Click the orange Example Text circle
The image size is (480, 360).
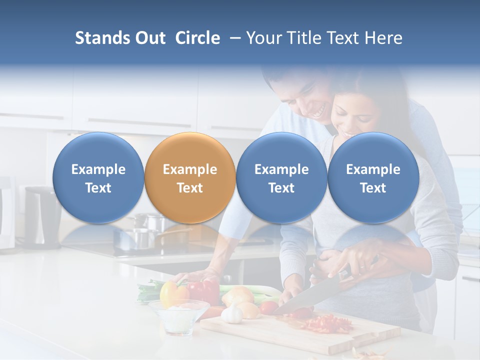[189, 178]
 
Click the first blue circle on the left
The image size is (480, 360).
[98, 178]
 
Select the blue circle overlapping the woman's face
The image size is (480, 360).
[373, 178]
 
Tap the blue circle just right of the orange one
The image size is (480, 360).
[281, 178]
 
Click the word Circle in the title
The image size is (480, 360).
[197, 38]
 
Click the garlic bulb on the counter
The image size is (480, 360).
[232, 314]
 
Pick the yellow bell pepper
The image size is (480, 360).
[171, 293]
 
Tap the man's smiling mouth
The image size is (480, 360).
[318, 112]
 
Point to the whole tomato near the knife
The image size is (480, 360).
[269, 307]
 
